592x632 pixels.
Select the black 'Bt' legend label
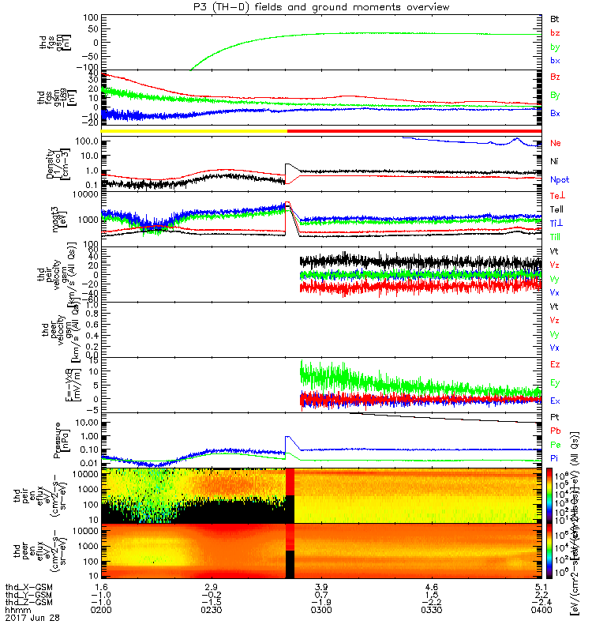pyautogui.click(x=555, y=17)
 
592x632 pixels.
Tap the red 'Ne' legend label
pyautogui.click(x=556, y=143)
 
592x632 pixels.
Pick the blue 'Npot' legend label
pyautogui.click(x=560, y=180)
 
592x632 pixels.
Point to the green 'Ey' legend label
pyautogui.click(x=556, y=383)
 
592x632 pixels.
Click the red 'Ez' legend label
pyautogui.click(x=556, y=364)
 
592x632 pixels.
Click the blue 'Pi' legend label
pyautogui.click(x=555, y=458)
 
